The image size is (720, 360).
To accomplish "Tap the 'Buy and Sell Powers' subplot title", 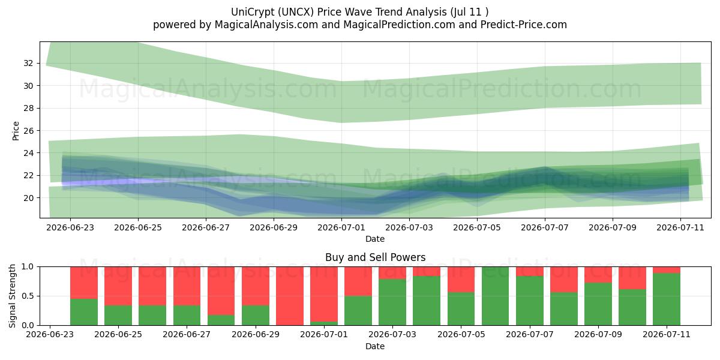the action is pyautogui.click(x=375, y=257).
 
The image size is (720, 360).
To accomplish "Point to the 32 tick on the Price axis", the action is pyautogui.click(x=28, y=63).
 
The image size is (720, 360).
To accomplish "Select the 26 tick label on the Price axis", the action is pyautogui.click(x=28, y=131).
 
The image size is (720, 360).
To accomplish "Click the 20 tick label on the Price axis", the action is pyautogui.click(x=28, y=198).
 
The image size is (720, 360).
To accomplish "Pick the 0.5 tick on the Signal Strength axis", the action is pyautogui.click(x=28, y=296).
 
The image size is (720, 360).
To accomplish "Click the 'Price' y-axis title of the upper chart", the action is pyautogui.click(x=16, y=131).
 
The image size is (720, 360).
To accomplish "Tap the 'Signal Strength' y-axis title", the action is pyautogui.click(x=12, y=296).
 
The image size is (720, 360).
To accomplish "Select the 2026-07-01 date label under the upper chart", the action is pyautogui.click(x=341, y=227).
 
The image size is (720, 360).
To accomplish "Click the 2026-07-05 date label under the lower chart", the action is pyautogui.click(x=461, y=334).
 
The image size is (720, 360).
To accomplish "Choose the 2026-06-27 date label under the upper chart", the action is pyautogui.click(x=206, y=227).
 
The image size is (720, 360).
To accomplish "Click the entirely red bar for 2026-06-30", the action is pyautogui.click(x=290, y=296).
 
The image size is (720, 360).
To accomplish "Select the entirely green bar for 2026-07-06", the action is pyautogui.click(x=496, y=296).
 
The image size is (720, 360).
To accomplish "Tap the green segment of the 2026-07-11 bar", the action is pyautogui.click(x=667, y=299).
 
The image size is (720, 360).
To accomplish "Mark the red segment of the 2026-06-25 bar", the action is pyautogui.click(x=118, y=286).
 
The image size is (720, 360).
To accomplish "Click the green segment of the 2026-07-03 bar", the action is pyautogui.click(x=392, y=302).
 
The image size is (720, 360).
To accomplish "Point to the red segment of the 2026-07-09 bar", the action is pyautogui.click(x=598, y=275).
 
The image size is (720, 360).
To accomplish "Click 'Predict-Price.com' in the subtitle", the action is pyautogui.click(x=524, y=25).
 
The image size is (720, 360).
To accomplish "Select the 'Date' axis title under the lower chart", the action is pyautogui.click(x=375, y=346).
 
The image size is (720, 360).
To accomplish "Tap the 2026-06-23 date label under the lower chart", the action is pyautogui.click(x=50, y=334).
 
